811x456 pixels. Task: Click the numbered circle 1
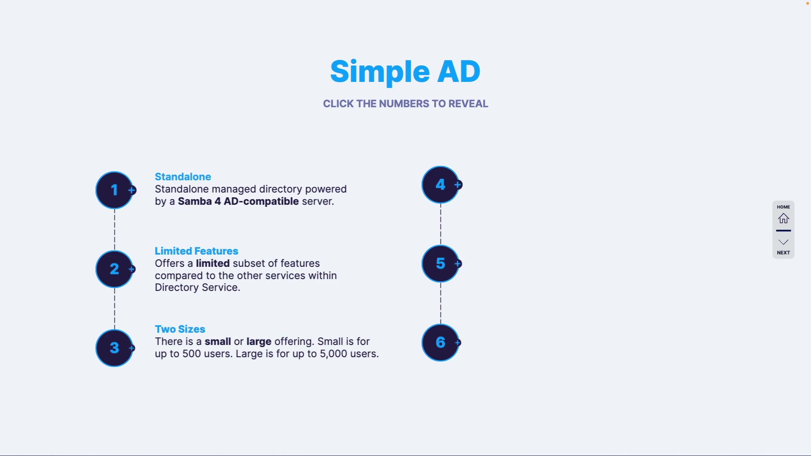tap(114, 190)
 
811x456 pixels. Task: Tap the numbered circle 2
tap(114, 269)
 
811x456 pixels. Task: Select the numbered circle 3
tap(114, 348)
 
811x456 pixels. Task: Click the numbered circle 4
tap(441, 185)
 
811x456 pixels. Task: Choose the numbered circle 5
tap(441, 263)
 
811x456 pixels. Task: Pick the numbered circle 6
tap(441, 342)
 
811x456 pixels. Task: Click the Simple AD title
tap(405, 72)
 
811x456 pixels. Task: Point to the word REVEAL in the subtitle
tap(468, 104)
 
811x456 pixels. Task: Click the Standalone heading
tap(183, 177)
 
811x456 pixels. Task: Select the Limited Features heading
tap(196, 251)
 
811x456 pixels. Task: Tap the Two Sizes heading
tap(180, 329)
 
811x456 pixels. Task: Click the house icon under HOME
tap(784, 218)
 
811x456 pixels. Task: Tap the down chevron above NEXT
tap(784, 242)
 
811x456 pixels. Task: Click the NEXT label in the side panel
tap(784, 252)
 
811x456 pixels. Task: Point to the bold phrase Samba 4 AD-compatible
tap(238, 201)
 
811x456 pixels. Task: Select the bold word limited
tap(213, 263)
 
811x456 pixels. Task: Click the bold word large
tap(259, 342)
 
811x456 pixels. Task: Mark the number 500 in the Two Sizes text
tap(191, 354)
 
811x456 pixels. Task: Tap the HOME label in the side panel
tap(784, 207)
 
